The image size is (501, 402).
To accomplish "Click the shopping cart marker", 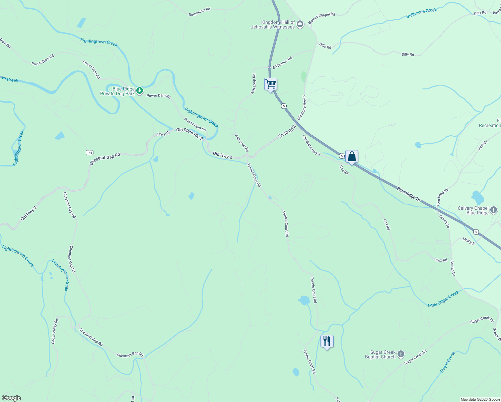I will coord(271,84).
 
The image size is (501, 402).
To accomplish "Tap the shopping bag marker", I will coord(352,156).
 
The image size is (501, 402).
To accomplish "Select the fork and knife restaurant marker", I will coord(327,341).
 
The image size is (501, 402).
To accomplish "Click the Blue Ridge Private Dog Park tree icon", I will coord(140,90).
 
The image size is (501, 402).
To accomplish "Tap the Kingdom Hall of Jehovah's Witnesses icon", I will coord(300,24).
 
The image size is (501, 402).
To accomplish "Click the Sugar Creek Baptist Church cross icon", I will coord(401,354).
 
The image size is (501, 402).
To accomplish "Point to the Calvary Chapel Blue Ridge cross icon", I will coord(494,210).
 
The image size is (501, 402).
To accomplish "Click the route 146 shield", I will coord(89,153).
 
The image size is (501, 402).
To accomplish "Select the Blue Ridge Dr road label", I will coord(409,195).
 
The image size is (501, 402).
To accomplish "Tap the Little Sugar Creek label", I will coord(443,299).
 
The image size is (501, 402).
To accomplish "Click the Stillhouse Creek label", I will coord(422,13).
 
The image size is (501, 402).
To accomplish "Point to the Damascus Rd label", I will coord(199,12).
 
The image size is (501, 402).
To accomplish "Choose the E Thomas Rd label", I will coord(282,63).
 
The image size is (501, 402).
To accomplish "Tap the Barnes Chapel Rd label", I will coord(321,18).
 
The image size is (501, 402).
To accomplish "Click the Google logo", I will coord(11,398).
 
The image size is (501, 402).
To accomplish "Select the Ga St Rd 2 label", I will coord(287,131).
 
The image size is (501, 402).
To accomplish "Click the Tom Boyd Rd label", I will coord(442,197).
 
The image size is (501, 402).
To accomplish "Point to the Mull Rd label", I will coord(468,241).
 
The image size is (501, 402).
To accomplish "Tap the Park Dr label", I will coord(483,145).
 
